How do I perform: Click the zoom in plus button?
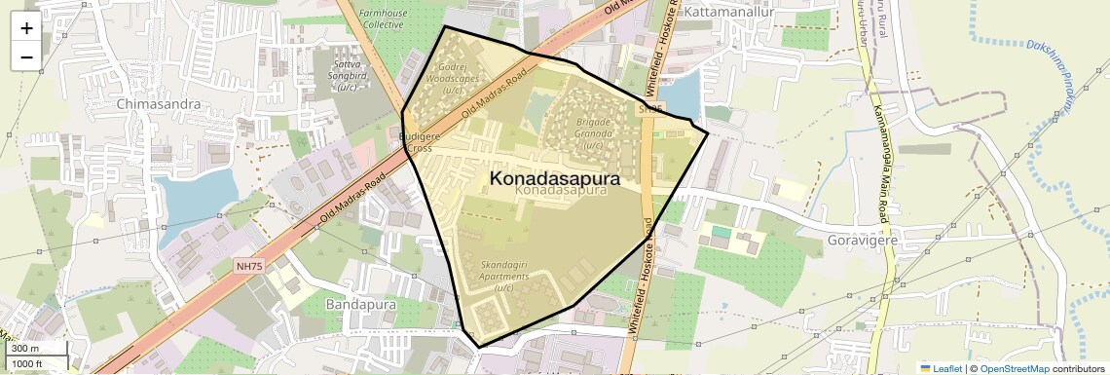pyautogui.click(x=26, y=28)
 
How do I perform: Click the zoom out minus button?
pyautogui.click(x=26, y=56)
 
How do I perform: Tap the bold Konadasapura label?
pyautogui.click(x=554, y=178)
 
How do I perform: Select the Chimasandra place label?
pyautogui.click(x=158, y=103)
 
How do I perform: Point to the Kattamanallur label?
pyautogui.click(x=729, y=13)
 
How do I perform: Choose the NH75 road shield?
pyautogui.click(x=249, y=266)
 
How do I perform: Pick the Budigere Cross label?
pyautogui.click(x=421, y=143)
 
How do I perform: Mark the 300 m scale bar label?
pyautogui.click(x=25, y=349)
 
